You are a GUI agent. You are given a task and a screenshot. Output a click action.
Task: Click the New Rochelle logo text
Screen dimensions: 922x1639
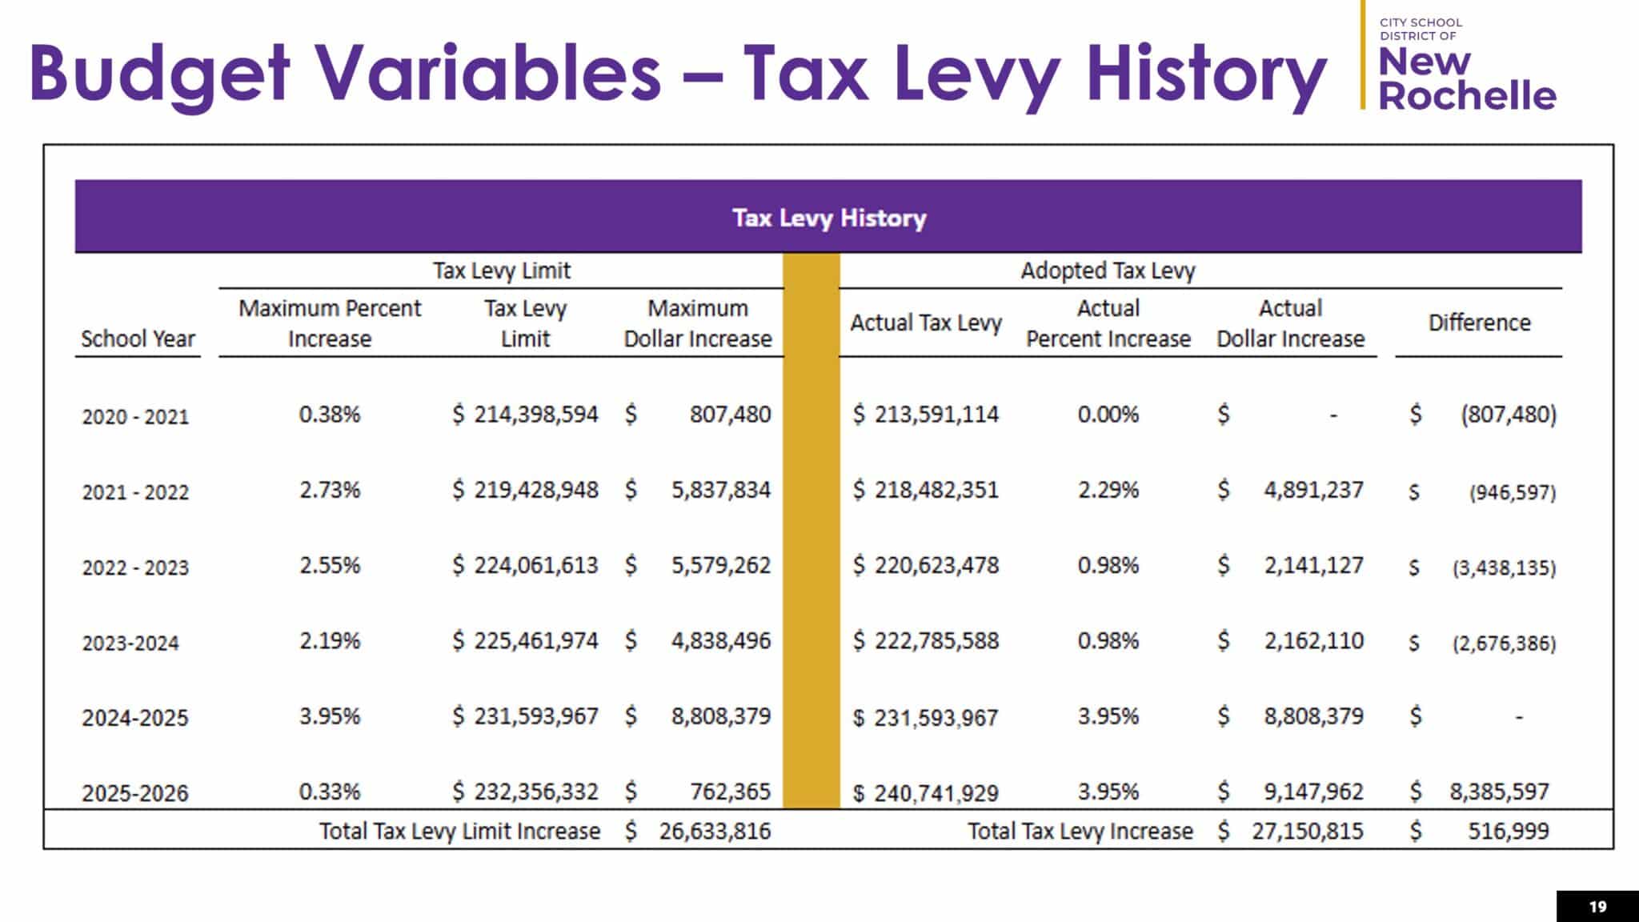[1466, 78]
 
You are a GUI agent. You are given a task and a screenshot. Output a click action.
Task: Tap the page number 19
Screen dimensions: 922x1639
[1597, 907]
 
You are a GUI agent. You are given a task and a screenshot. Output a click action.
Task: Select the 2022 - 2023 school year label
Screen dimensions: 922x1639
[135, 567]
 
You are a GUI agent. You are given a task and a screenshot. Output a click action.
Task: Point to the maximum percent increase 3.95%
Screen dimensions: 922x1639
[330, 716]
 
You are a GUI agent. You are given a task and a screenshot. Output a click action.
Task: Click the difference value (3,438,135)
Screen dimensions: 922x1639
[1504, 567]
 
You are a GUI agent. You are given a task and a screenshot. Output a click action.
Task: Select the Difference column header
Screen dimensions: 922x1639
[1479, 323]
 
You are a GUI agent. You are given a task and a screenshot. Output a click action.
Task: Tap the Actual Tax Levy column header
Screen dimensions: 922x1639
[925, 323]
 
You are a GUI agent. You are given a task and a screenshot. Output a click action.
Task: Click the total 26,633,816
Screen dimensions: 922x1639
[715, 831]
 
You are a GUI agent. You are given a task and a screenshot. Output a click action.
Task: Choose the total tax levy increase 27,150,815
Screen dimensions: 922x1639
[1307, 831]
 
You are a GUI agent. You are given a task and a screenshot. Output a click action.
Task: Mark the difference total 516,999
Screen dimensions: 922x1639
[1508, 831]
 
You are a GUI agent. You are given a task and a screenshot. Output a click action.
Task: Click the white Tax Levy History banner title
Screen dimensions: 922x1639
[829, 218]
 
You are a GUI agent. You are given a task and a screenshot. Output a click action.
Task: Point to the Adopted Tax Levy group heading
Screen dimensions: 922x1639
[1108, 271]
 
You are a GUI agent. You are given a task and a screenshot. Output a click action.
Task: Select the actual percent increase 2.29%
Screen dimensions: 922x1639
[1108, 490]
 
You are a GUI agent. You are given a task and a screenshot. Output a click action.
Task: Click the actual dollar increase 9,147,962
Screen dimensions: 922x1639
[1313, 792]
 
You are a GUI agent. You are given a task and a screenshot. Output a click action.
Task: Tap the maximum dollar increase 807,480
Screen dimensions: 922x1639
[730, 415]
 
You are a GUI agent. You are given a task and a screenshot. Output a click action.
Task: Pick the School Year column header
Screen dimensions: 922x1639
[138, 339]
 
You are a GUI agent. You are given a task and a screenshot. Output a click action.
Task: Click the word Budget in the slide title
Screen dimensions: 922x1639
[158, 74]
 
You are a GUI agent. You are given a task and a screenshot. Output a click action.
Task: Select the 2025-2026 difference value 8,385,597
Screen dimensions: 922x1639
[1499, 792]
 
